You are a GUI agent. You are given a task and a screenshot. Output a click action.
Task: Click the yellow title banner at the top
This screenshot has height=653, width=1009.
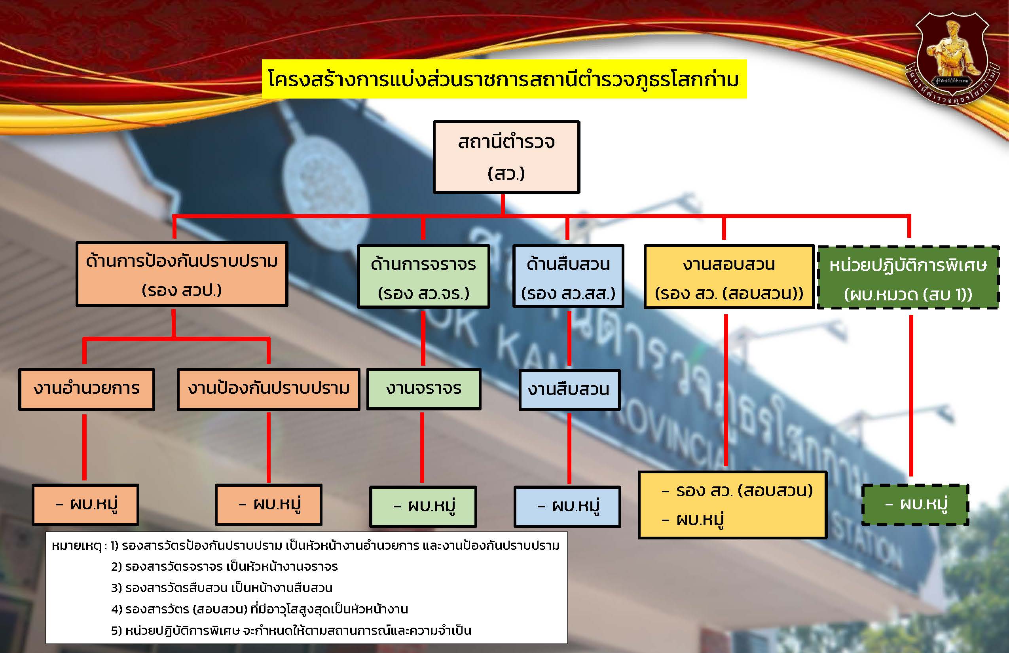504,79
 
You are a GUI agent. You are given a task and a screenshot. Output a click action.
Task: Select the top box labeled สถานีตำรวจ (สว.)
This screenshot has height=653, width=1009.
506,157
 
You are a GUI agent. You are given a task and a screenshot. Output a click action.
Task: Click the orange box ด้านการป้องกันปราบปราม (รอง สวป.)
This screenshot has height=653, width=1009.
182,274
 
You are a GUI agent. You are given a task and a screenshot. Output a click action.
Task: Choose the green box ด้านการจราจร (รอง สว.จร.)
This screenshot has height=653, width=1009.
423,277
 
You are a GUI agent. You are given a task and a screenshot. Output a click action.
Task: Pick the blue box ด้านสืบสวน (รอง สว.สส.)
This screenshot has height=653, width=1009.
568,277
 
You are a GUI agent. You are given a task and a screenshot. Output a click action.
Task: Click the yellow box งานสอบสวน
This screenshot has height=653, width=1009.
729,277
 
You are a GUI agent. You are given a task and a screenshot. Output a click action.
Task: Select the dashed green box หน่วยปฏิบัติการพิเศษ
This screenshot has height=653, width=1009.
908,277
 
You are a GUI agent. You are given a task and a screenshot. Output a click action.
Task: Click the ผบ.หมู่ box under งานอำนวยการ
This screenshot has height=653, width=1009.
85,505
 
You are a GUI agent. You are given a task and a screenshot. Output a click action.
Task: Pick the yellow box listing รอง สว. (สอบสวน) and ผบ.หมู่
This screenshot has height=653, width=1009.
732,505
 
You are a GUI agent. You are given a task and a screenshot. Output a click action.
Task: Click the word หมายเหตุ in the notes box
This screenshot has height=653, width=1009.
76,546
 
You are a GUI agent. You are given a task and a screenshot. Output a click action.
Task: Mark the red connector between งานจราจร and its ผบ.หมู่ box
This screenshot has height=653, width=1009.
422,447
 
